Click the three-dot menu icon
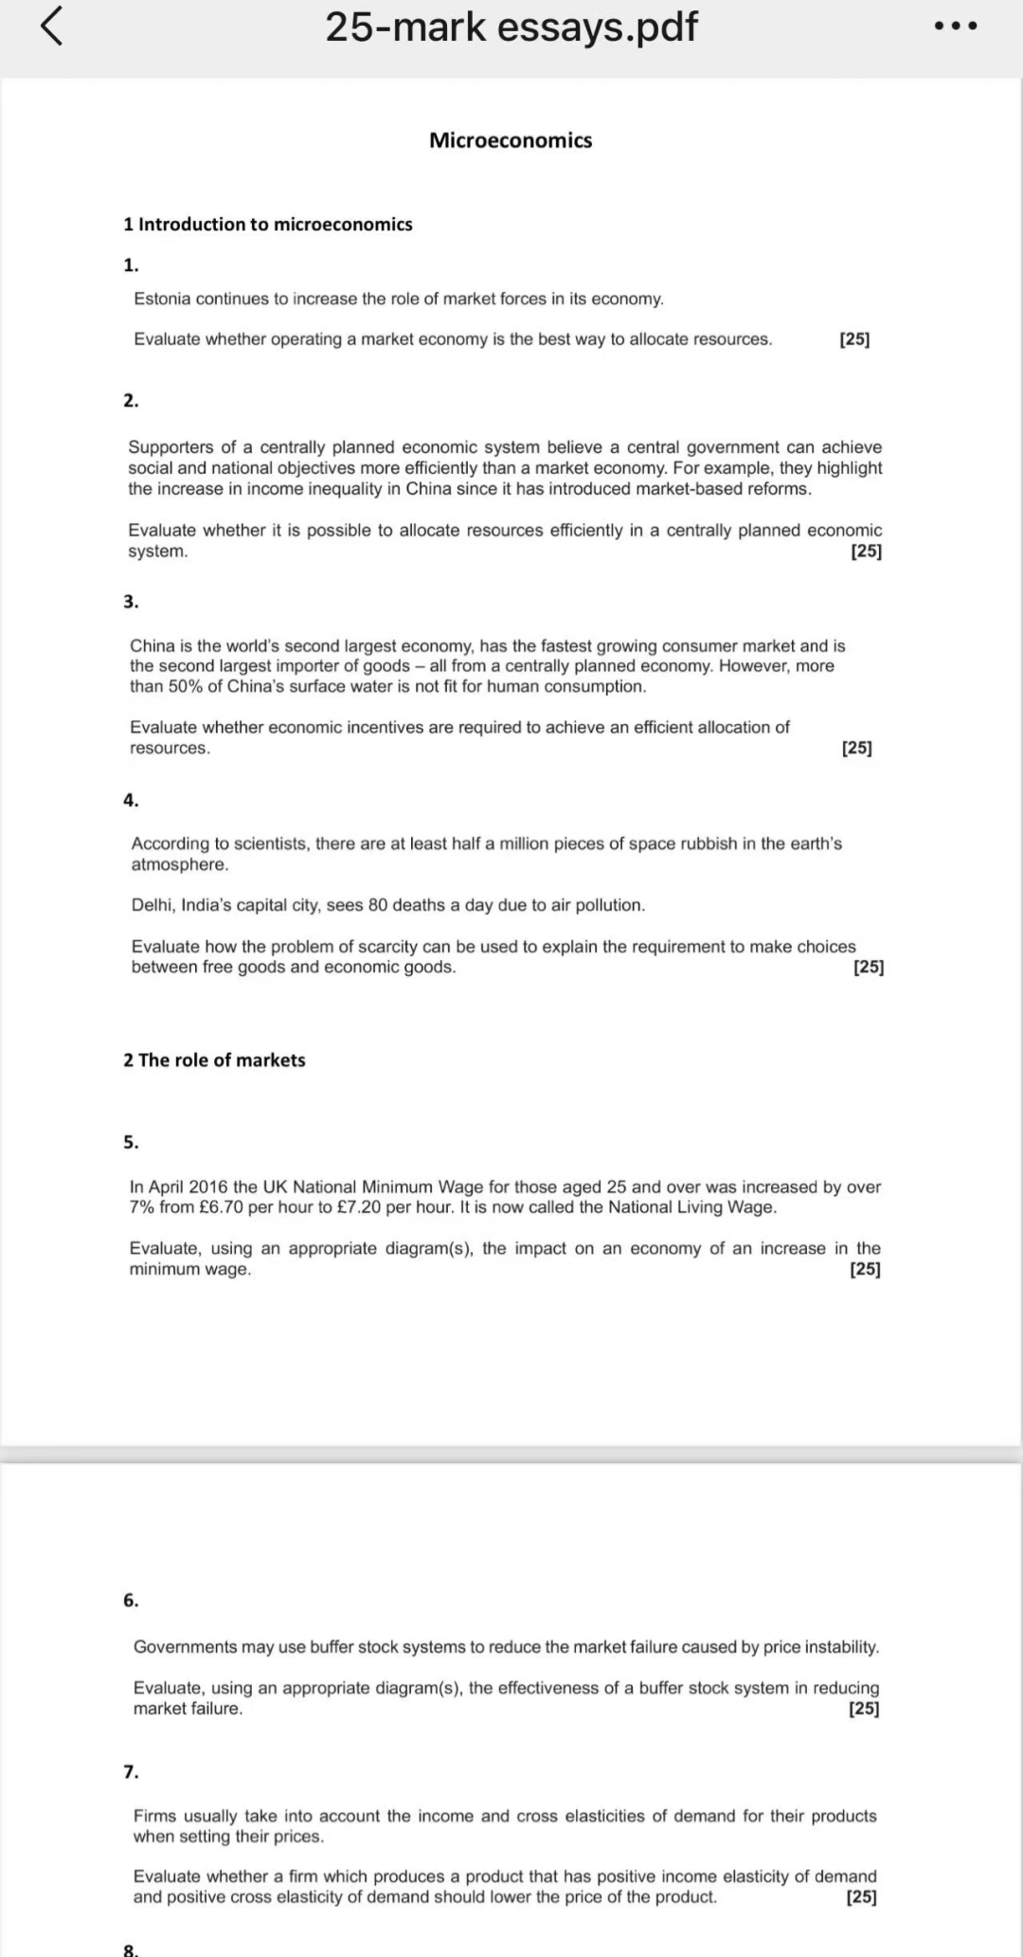955,27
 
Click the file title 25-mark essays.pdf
511,27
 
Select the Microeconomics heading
511,140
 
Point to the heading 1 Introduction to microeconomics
268,225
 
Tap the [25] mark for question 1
854,339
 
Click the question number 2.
131,401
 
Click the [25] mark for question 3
856,748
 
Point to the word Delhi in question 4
152,905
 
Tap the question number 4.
131,801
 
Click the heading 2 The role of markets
214,1060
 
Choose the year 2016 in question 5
209,1187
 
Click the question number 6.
131,1601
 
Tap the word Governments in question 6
185,1647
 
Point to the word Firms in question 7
154,1816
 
